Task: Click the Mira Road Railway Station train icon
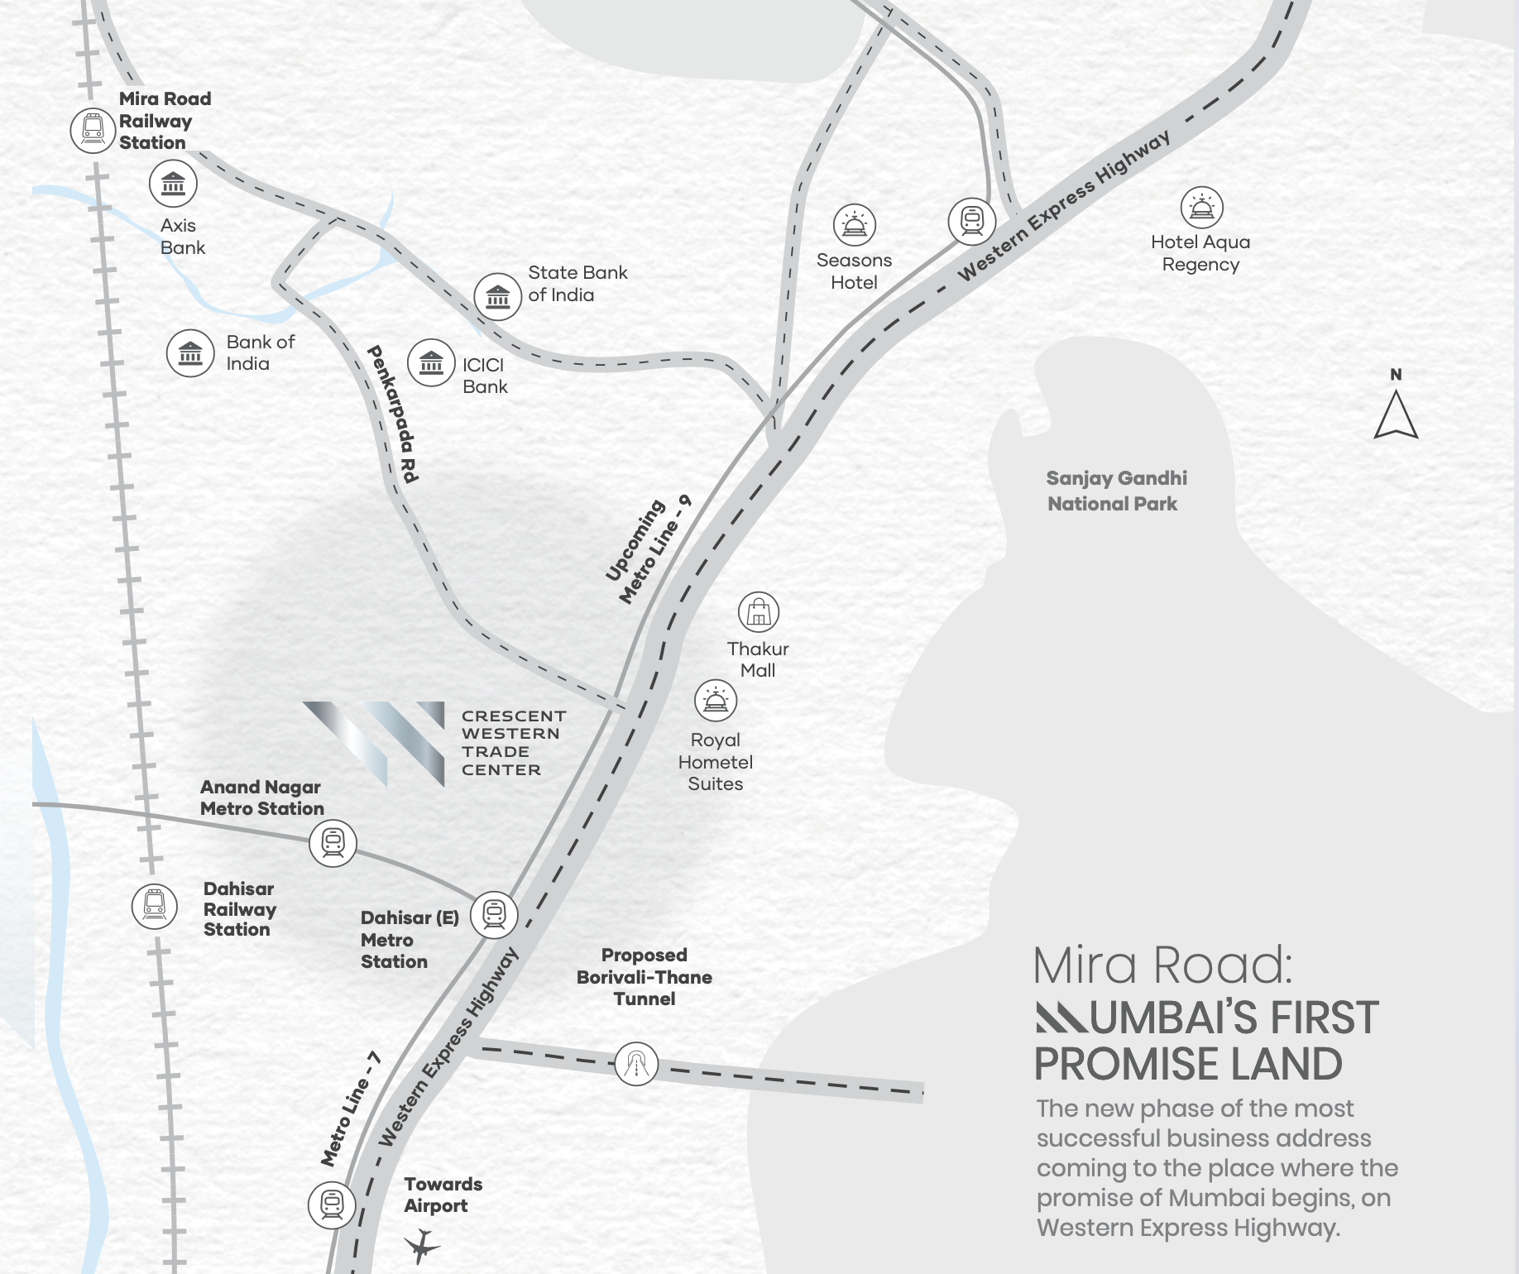(x=93, y=130)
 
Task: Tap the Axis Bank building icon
(x=173, y=184)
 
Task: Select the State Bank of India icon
(x=498, y=296)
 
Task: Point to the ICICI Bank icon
(x=431, y=362)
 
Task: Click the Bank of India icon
(x=190, y=353)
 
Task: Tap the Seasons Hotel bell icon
(x=854, y=225)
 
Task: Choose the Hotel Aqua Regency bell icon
(x=1201, y=208)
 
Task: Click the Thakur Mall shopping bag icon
(x=759, y=613)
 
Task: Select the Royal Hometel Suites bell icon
(x=716, y=702)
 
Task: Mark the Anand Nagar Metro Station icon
(x=333, y=843)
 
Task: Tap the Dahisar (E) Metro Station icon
(x=494, y=914)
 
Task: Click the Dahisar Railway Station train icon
(x=155, y=906)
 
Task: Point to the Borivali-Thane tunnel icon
(x=636, y=1064)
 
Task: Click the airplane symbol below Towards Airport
(x=422, y=1245)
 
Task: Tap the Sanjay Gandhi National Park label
(x=1115, y=491)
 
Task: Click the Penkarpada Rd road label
(x=393, y=414)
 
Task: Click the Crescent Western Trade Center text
(x=513, y=743)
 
